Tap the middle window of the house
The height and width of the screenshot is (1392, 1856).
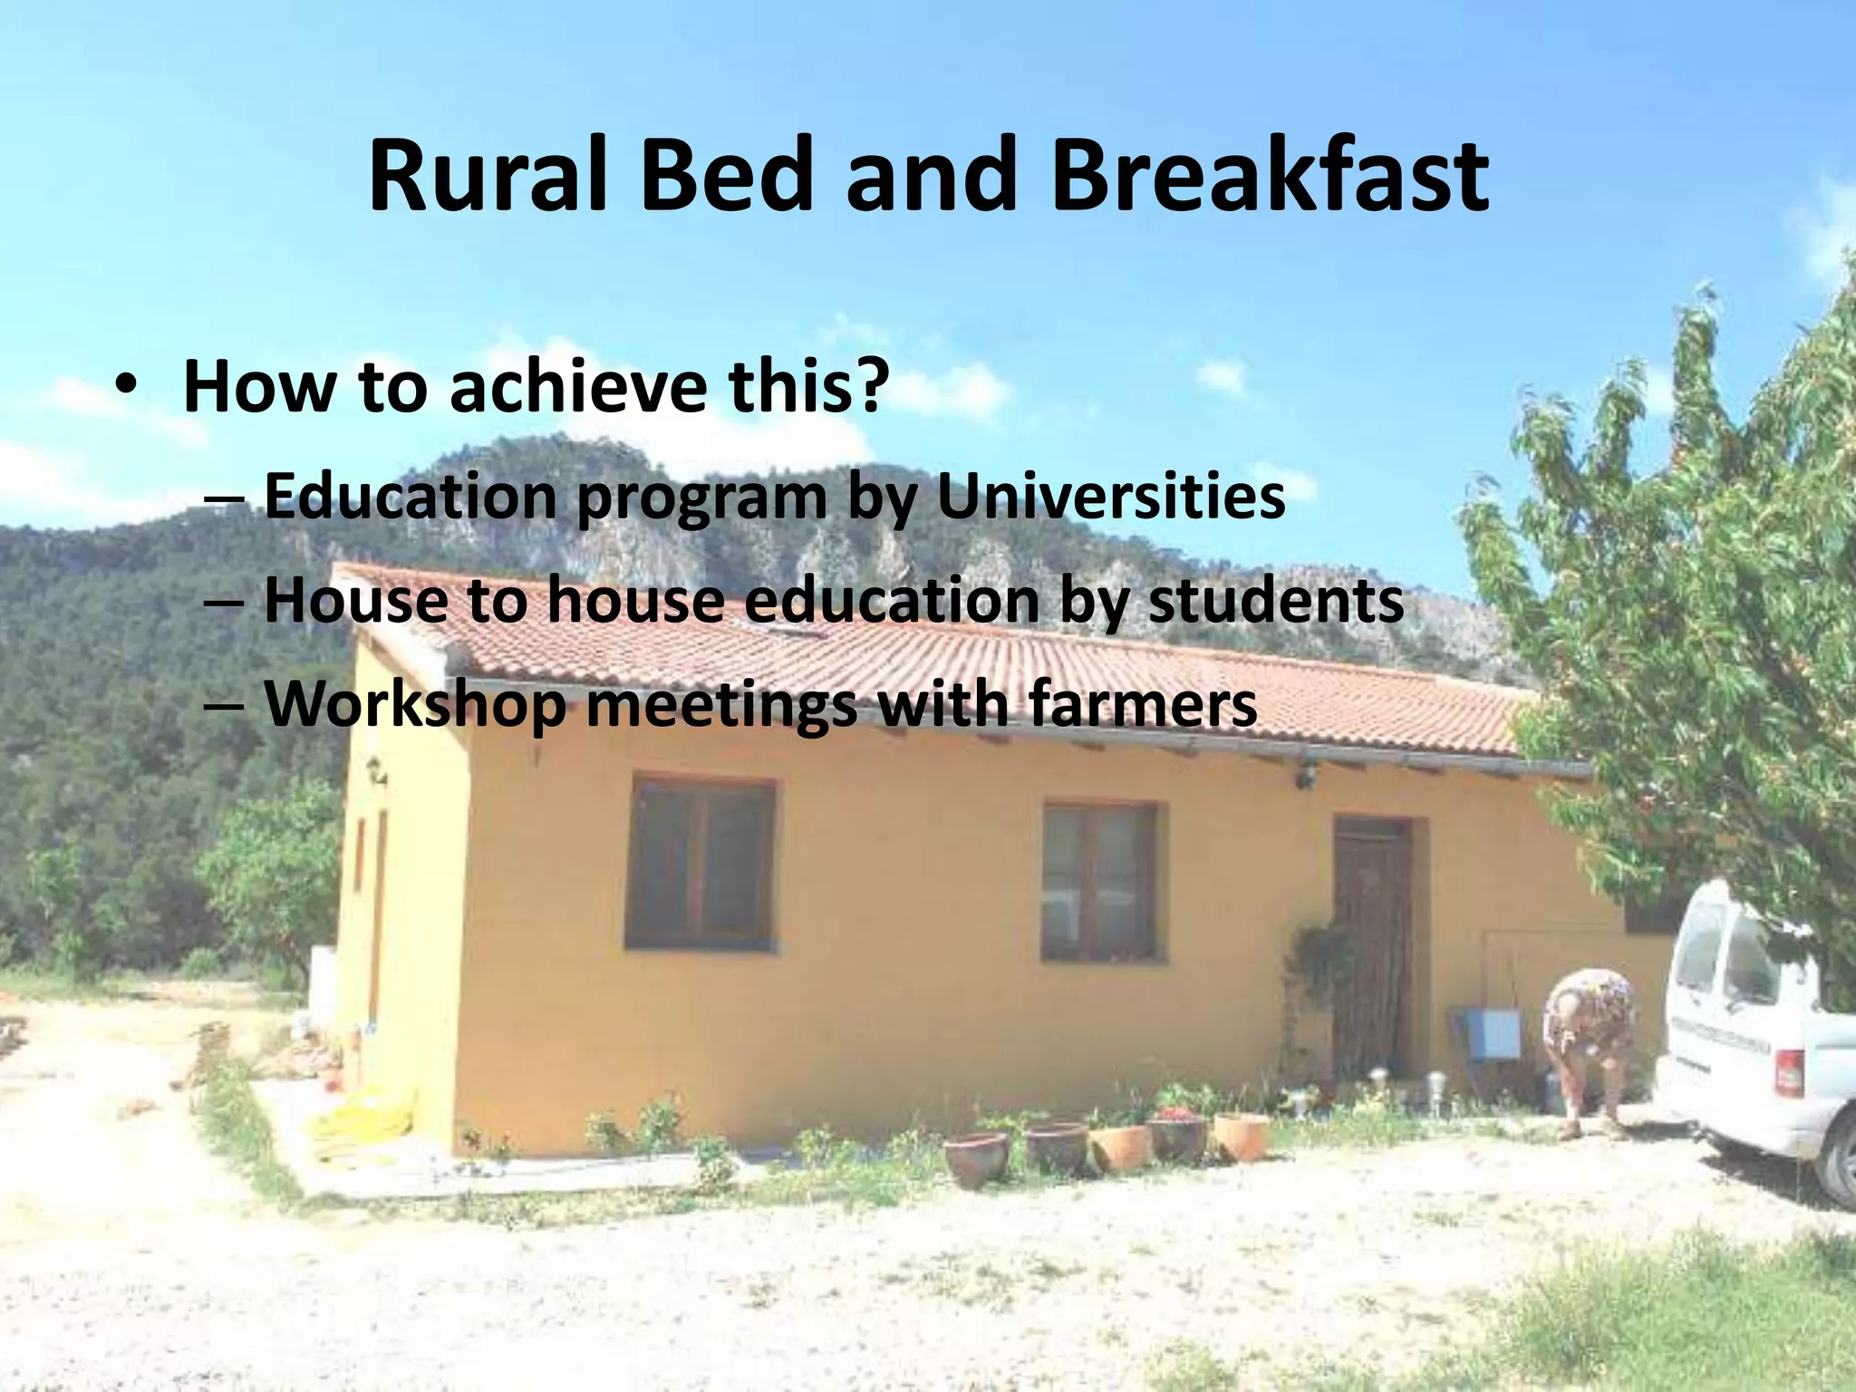(1099, 881)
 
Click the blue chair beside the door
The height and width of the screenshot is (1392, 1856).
(1490, 1033)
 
